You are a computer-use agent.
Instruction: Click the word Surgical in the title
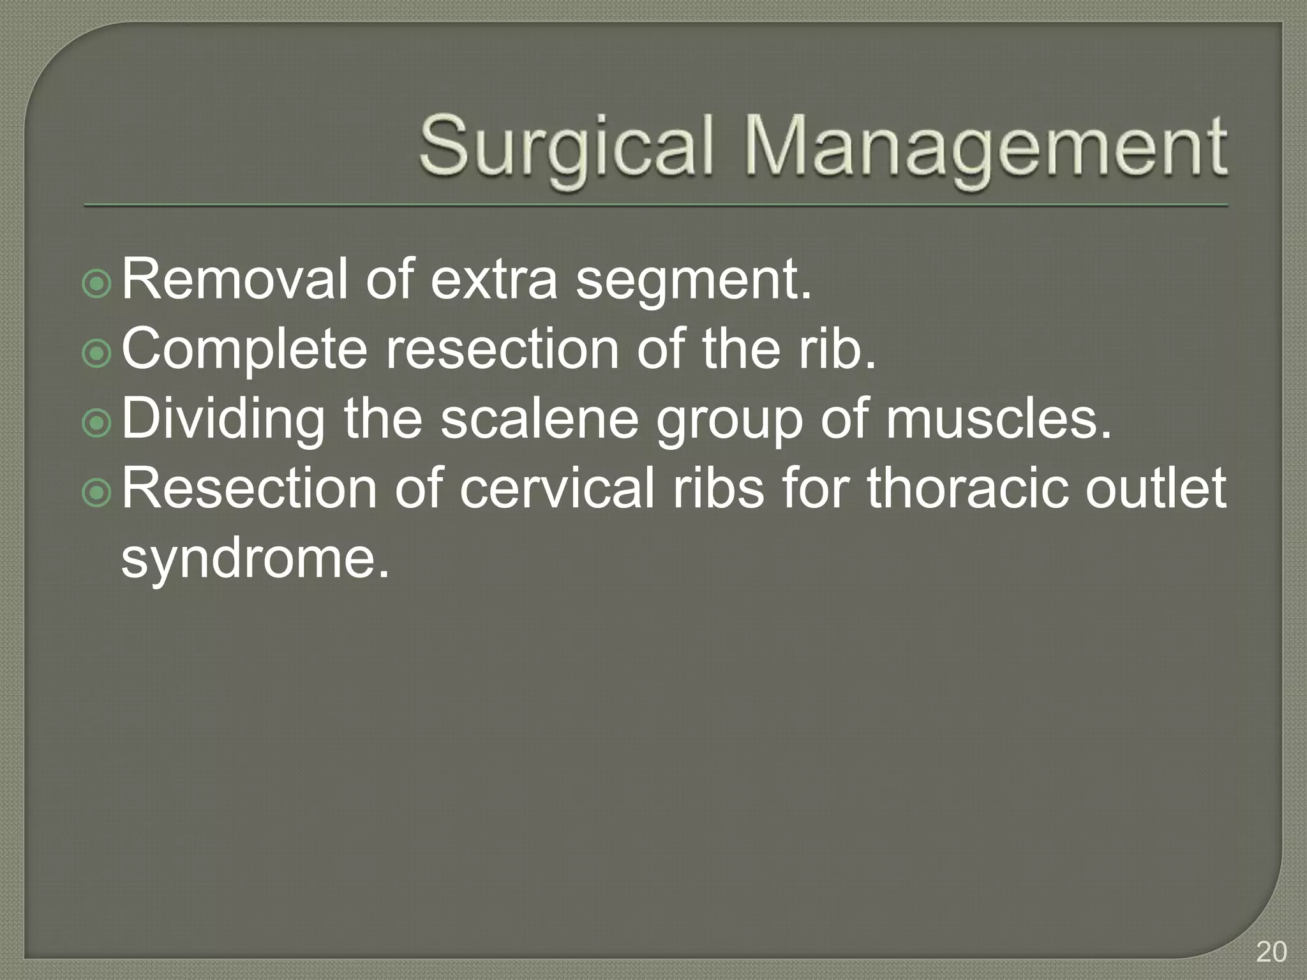[x=565, y=145]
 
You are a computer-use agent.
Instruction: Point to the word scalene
[x=539, y=419]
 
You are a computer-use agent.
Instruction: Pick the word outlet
[x=1155, y=488]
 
